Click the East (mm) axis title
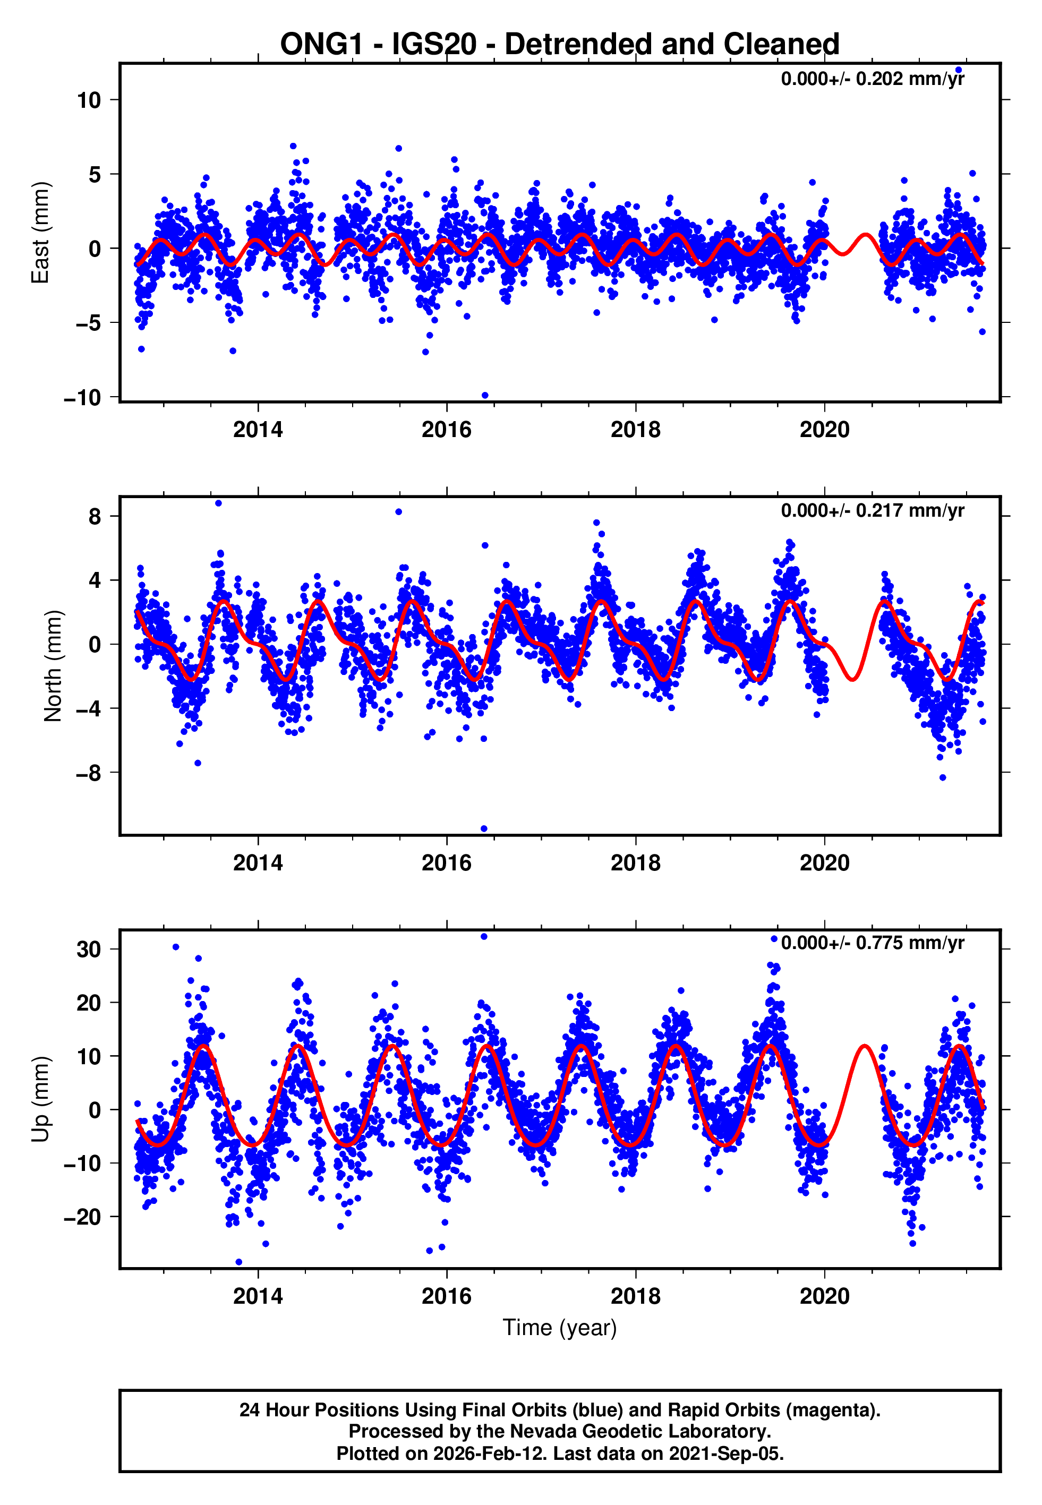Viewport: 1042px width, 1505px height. pos(40,233)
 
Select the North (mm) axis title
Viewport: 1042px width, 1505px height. pos(52,666)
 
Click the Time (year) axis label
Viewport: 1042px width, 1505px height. pos(560,1328)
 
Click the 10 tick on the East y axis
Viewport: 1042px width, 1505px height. pos(88,100)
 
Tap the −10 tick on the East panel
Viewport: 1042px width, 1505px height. pos(82,397)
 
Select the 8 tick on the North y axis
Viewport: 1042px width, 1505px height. pos(95,517)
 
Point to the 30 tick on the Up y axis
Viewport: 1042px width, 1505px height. pos(88,950)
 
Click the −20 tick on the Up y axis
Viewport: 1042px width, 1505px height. pos(82,1217)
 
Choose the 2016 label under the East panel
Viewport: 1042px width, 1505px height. pos(447,430)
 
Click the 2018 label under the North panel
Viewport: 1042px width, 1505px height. pos(635,863)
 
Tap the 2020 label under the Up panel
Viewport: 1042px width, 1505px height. pos(825,1296)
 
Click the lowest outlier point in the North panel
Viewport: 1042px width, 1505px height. pos(484,829)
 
